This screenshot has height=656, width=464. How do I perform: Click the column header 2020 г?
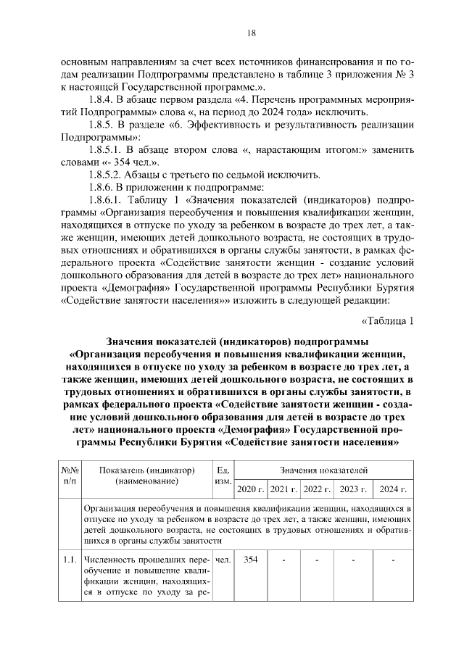[x=250, y=489]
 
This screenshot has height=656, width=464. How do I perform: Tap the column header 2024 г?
[x=392, y=489]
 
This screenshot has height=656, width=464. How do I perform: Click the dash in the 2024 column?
[x=392, y=559]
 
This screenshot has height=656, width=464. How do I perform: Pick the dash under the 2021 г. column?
[x=283, y=559]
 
